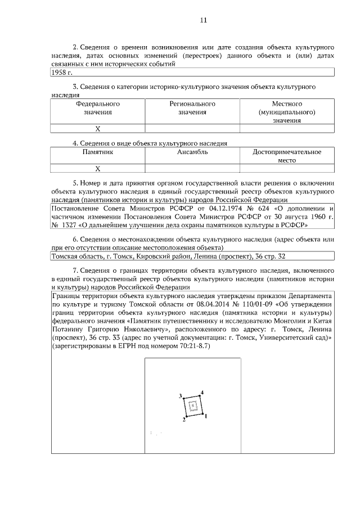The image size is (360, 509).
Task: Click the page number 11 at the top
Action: click(x=204, y=21)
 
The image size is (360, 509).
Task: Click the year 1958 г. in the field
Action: click(x=62, y=73)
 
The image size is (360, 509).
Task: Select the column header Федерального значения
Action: click(x=97, y=108)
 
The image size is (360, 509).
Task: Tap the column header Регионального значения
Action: click(x=192, y=108)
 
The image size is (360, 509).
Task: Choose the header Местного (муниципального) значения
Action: click(x=287, y=112)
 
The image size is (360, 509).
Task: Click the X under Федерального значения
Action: click(x=97, y=129)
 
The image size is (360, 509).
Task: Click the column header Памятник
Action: click(x=97, y=152)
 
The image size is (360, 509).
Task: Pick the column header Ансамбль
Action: click(x=192, y=152)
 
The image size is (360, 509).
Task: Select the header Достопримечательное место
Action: click(x=287, y=156)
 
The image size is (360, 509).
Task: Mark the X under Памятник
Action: click(x=97, y=168)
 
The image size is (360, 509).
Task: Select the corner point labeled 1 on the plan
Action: click(x=202, y=415)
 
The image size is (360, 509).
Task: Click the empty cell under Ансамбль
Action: click(x=192, y=168)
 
